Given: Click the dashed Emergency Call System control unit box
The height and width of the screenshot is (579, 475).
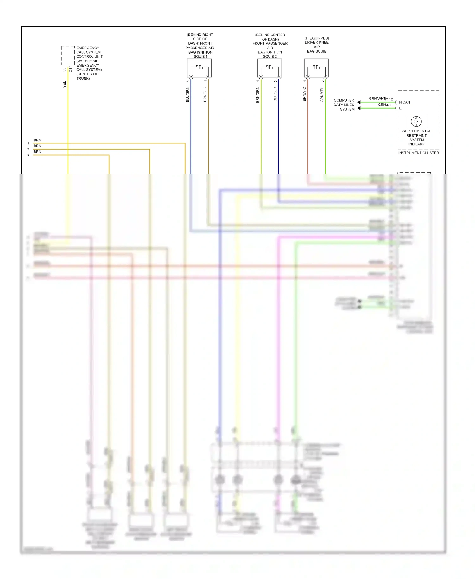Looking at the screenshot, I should (68, 55).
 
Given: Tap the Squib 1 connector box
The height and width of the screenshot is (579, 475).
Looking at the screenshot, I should (199, 68).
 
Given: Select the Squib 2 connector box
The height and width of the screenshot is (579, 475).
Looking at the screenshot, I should (269, 68).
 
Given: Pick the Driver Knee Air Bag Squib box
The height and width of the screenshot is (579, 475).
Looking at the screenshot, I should (316, 68).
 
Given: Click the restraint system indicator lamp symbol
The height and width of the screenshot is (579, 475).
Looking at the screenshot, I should (416, 121).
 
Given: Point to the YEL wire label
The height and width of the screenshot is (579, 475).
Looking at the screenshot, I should (64, 85).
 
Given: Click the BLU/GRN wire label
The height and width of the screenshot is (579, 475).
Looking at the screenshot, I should (187, 94).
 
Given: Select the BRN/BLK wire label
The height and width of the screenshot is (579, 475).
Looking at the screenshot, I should (205, 94).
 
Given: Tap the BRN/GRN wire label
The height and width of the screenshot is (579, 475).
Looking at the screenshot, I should (258, 94).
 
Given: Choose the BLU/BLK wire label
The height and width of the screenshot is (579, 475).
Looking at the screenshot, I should (275, 94).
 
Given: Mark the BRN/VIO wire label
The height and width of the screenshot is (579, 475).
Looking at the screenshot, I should (304, 94).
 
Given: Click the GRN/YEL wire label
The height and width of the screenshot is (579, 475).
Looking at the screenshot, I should (322, 94).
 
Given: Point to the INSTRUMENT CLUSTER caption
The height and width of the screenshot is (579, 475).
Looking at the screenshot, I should (418, 153).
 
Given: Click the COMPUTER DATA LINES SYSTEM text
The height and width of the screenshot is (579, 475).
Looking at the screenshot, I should (344, 105).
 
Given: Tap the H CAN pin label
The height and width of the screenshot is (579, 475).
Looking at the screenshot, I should (405, 102).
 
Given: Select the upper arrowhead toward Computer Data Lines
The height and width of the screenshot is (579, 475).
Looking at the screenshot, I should (359, 102).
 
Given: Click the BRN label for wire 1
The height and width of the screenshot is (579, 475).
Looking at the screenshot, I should (37, 140).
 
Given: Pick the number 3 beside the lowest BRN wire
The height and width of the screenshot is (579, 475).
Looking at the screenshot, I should (28, 155).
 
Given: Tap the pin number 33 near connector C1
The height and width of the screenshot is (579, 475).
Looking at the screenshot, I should (65, 70).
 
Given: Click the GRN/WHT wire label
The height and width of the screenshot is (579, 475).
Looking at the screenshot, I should (377, 99).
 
